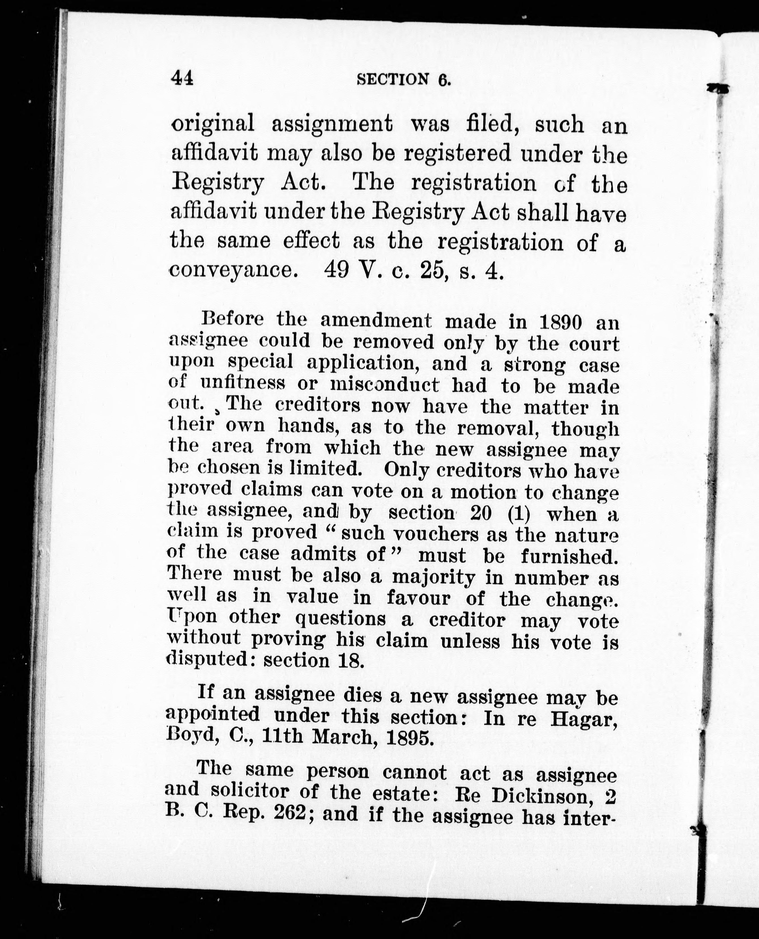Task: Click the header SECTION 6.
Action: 404,79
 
